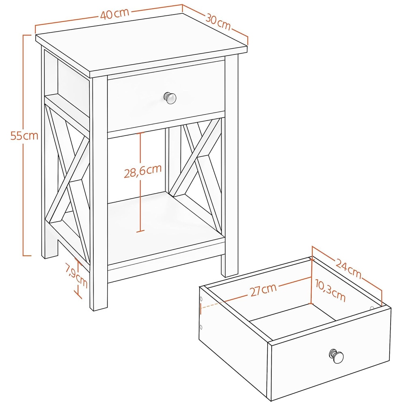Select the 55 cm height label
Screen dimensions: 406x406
[x=24, y=136]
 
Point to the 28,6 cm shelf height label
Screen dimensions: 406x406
[x=143, y=171]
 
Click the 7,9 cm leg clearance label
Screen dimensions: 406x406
[x=76, y=275]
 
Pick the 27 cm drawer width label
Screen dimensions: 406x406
[x=263, y=289]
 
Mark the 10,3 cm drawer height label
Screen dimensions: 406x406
[x=330, y=291]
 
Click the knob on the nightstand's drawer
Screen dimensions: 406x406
[x=170, y=98]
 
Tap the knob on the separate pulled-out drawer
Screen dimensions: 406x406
[x=336, y=356]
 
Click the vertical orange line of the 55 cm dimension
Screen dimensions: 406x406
[x=24, y=145]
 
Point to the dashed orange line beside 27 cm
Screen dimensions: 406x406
[x=213, y=304]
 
